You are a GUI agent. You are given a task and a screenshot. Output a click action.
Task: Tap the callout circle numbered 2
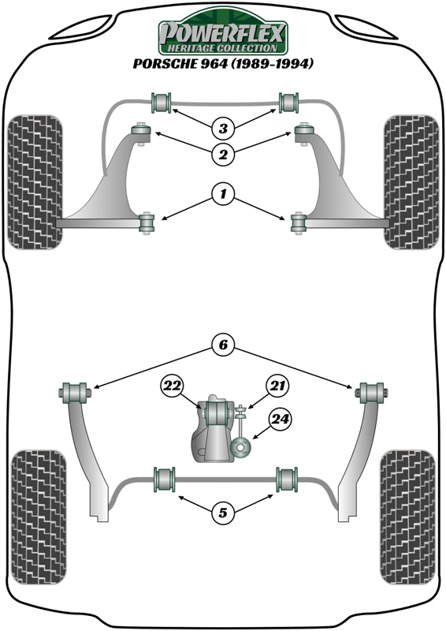point(223,155)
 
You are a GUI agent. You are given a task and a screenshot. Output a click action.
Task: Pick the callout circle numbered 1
point(223,193)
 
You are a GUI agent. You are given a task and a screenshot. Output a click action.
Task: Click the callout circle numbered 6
point(223,344)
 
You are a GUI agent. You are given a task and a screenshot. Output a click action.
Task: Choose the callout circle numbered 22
point(171,385)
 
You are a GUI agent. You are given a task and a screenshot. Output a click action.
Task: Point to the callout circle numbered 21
point(275,385)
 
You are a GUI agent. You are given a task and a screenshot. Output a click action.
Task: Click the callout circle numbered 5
point(223,513)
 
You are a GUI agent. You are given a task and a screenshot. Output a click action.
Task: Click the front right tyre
point(410,181)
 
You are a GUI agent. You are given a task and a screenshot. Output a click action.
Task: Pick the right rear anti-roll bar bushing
point(287,479)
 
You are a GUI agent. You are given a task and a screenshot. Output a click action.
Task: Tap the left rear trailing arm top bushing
point(74,390)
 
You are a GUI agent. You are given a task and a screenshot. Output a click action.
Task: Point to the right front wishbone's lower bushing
point(298,223)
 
